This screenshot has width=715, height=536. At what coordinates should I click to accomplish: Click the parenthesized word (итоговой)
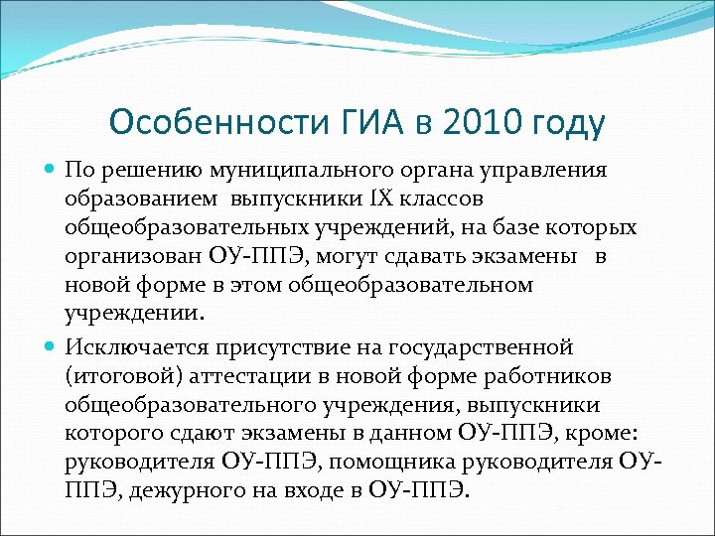115,377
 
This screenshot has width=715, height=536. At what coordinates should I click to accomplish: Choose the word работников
553,376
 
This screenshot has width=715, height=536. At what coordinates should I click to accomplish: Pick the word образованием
137,199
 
